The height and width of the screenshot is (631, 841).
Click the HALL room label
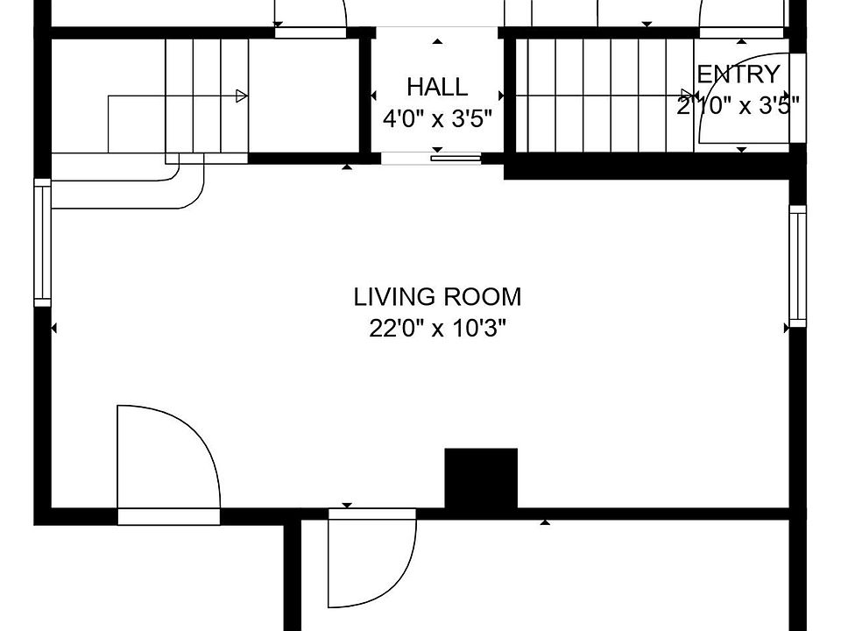click(x=437, y=87)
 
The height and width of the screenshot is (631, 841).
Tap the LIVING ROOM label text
click(x=437, y=297)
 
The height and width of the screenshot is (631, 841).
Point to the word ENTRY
click(x=739, y=74)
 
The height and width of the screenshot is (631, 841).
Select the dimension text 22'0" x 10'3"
click(x=437, y=328)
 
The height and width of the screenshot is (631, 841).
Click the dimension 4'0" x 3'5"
click(x=437, y=118)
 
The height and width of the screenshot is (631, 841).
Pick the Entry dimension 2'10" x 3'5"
click(x=739, y=105)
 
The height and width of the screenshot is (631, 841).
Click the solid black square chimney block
click(x=481, y=479)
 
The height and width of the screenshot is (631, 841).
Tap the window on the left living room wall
click(x=42, y=243)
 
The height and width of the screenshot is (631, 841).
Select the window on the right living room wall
click(x=797, y=266)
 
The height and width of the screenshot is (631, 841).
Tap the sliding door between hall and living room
click(x=456, y=159)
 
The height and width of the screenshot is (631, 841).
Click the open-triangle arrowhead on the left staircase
click(x=242, y=96)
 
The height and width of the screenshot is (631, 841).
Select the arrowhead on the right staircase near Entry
click(x=687, y=96)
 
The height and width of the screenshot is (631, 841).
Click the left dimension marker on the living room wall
click(x=53, y=328)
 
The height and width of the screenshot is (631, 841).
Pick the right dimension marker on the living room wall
click(x=787, y=328)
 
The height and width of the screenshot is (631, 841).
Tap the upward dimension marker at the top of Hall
click(x=438, y=41)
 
